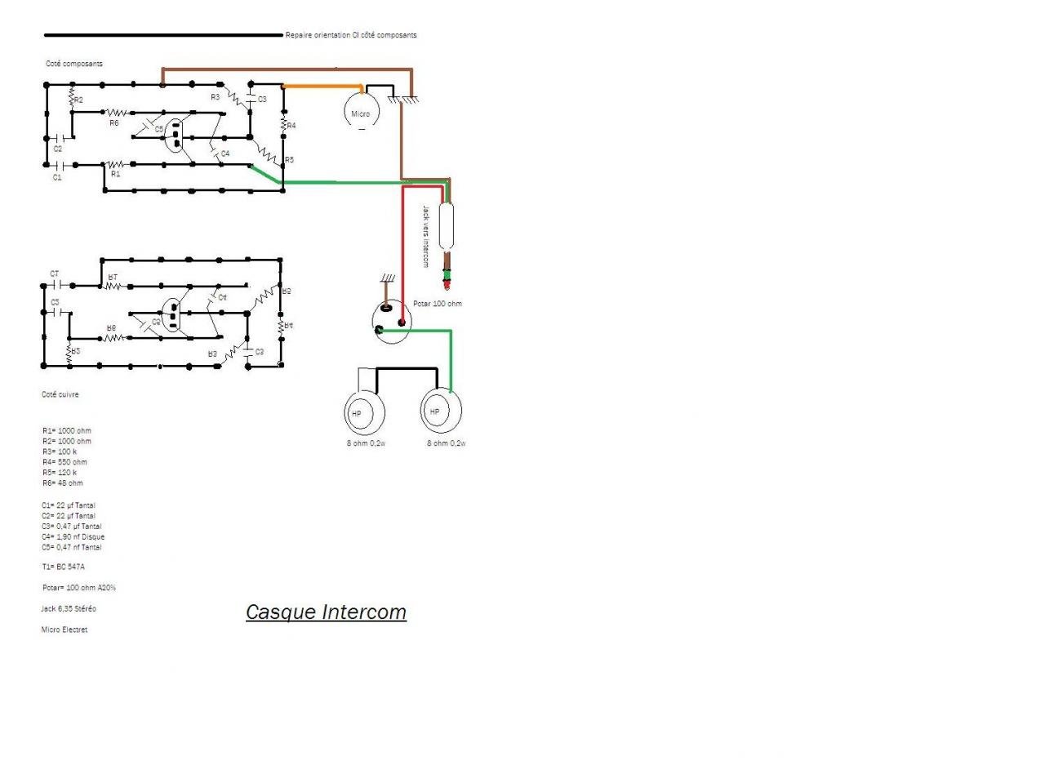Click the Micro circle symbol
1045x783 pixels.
tap(361, 112)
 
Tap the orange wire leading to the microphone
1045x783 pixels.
tap(322, 86)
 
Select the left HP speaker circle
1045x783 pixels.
tap(362, 413)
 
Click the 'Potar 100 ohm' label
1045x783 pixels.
tap(437, 304)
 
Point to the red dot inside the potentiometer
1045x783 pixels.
tap(401, 323)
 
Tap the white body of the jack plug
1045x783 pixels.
tap(447, 225)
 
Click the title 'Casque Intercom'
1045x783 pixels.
tap(326, 612)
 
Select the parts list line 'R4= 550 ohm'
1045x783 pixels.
tap(64, 462)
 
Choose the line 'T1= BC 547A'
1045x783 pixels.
tap(64, 567)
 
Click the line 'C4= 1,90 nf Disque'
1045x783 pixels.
tap(73, 536)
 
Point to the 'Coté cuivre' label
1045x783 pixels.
tap(60, 394)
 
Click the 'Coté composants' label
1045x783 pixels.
tap(74, 64)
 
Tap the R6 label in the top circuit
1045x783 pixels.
tap(114, 123)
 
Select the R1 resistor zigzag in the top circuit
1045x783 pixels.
tap(115, 165)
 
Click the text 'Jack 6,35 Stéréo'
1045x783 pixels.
tap(69, 608)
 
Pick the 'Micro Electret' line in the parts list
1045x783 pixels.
tap(64, 630)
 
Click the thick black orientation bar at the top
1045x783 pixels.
tap(163, 35)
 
